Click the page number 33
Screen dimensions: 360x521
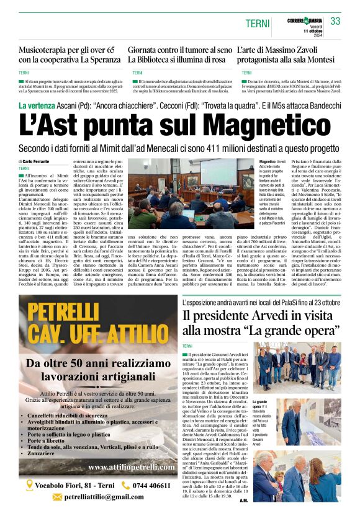[x=336, y=21]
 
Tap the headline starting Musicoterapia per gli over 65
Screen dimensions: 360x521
[x=68, y=55]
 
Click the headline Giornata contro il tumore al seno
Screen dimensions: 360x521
[x=178, y=55]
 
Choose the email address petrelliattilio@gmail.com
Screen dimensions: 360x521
[x=104, y=497]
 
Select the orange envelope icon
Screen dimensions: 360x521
[x=57, y=497]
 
